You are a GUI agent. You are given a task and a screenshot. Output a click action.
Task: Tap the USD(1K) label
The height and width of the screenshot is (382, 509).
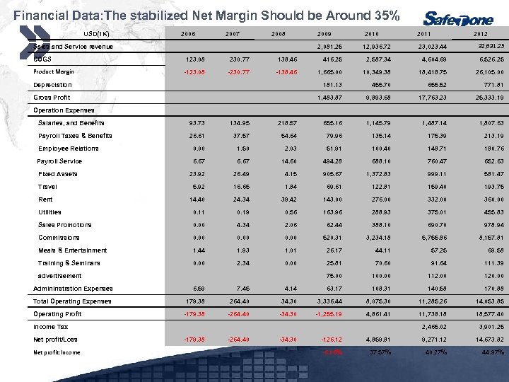pos(95,33)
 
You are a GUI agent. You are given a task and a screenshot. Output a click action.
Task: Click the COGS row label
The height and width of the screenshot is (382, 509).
pos(44,59)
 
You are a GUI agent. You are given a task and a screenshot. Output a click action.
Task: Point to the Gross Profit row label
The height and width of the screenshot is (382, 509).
pos(52,97)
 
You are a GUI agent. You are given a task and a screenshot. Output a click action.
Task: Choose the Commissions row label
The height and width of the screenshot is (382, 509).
pos(59,238)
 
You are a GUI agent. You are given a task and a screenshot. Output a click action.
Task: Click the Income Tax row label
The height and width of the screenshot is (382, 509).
pos(50,327)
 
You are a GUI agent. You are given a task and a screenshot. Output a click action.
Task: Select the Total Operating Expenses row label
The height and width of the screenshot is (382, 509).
pos(72,301)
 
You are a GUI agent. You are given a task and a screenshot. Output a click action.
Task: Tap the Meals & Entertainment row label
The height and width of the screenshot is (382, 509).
pos(72,250)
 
